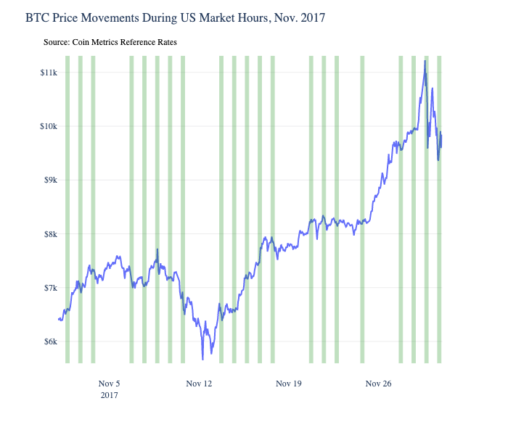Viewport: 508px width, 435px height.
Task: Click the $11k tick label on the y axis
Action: click(x=48, y=72)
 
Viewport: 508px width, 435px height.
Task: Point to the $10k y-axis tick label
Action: click(x=48, y=126)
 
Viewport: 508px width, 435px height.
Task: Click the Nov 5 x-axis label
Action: click(x=109, y=383)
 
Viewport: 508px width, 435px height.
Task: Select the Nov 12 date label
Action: click(x=199, y=383)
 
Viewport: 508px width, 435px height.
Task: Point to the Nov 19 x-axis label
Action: click(x=288, y=383)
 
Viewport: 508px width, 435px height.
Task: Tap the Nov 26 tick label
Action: click(x=378, y=383)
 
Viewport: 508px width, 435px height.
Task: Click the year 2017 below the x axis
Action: click(x=109, y=395)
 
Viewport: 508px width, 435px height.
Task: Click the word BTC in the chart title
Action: click(x=38, y=17)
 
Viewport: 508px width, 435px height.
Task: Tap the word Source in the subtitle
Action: click(x=56, y=43)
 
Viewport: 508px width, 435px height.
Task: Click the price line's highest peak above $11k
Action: click(x=425, y=62)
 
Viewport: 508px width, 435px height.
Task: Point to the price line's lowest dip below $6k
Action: click(x=203, y=358)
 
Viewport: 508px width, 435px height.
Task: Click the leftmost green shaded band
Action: click(x=67, y=210)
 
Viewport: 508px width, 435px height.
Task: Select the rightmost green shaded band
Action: click(x=440, y=210)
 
